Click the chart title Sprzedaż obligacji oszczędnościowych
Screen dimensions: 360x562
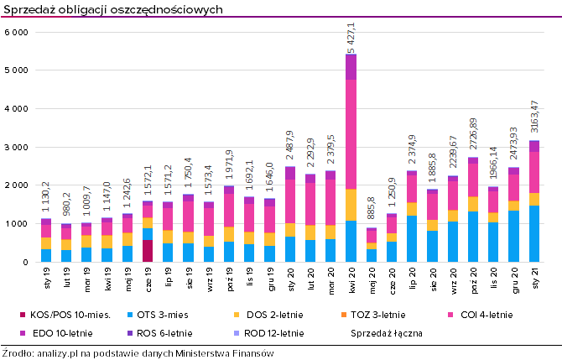(112, 8)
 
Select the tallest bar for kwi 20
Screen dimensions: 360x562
(351, 159)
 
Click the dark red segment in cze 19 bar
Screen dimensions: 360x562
(148, 251)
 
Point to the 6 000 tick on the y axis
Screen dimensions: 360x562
(17, 32)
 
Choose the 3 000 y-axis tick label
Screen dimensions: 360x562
(17, 147)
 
